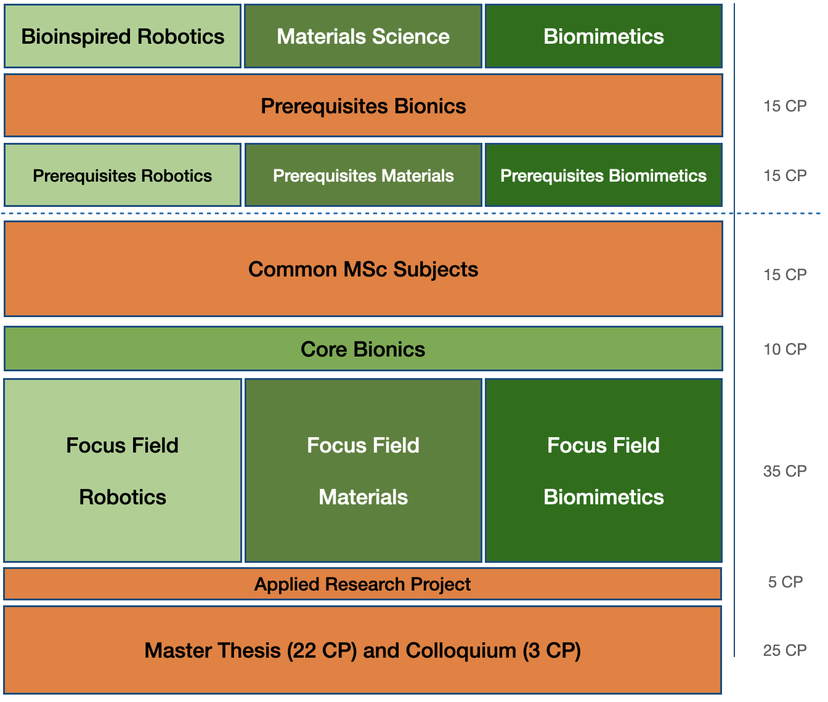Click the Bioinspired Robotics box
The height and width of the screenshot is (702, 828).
click(123, 36)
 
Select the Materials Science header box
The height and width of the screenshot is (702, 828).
click(363, 36)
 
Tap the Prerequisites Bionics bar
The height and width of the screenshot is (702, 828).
click(363, 106)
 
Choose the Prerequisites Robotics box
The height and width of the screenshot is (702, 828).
click(123, 175)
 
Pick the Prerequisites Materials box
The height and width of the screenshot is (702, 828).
click(363, 175)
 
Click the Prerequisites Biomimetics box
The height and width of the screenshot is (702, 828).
click(604, 175)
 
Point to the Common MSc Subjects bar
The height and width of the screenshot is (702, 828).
click(363, 269)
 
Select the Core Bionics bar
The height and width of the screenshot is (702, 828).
click(363, 349)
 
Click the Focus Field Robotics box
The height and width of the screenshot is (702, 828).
click(123, 470)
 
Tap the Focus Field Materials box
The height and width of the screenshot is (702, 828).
click(363, 470)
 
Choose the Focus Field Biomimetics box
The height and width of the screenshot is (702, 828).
click(604, 470)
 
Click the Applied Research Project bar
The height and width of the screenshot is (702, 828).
click(362, 584)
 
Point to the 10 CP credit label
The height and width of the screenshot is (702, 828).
click(785, 349)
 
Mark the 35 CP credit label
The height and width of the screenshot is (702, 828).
click(785, 471)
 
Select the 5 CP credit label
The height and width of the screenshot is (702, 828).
click(785, 582)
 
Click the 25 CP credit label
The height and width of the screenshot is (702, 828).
click(785, 650)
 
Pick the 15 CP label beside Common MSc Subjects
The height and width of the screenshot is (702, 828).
click(785, 275)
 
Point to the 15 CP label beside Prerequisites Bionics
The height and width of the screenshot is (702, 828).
click(785, 106)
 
